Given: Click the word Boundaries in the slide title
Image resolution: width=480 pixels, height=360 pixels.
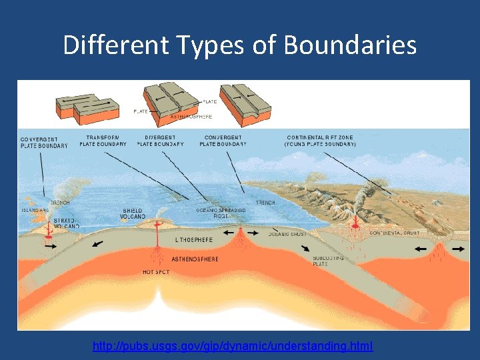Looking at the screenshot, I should point(350,45).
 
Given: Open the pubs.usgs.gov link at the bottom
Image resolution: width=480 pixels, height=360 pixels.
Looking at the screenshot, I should point(233,346).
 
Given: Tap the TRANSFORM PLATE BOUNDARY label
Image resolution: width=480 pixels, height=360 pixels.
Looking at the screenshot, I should point(103,141).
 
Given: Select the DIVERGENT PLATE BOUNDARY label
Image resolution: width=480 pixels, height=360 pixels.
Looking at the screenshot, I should point(160,141).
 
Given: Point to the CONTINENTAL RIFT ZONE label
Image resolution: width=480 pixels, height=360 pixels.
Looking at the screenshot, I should point(320,141).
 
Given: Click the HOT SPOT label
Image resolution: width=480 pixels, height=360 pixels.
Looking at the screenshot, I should point(157,272).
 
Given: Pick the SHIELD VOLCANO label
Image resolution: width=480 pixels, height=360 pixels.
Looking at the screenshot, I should point(133,213).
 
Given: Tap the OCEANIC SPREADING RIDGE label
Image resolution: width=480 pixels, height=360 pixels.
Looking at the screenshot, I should point(221,213).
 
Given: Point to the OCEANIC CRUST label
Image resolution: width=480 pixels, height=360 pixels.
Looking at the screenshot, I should point(287,234).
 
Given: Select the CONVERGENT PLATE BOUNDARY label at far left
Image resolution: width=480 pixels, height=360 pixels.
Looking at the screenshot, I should point(43,142).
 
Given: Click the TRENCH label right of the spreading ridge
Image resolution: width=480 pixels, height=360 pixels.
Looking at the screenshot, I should point(265,203).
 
